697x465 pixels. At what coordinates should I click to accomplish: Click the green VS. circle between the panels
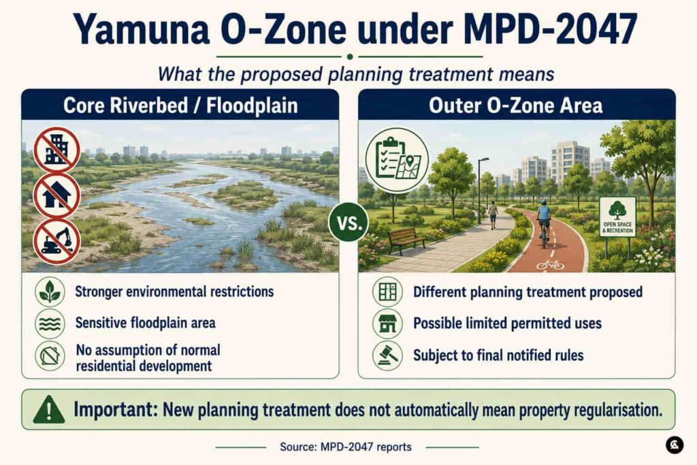348,222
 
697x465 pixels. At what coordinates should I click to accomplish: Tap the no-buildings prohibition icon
56,150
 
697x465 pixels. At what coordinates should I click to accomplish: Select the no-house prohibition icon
56,195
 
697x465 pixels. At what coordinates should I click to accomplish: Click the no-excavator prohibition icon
56,242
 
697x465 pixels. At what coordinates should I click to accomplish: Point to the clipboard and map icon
397,160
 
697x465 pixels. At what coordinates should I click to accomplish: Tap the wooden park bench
406,240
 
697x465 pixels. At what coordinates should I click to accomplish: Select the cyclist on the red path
544,223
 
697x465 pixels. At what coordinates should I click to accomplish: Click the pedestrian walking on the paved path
493,214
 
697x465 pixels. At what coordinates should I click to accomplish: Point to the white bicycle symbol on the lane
550,265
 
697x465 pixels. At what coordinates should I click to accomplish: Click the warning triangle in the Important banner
49,409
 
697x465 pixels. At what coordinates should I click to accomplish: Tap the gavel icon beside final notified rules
387,355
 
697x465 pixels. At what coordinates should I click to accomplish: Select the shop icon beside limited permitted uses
387,323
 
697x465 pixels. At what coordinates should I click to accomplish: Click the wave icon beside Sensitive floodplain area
50,323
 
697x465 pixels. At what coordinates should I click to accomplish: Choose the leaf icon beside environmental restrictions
50,292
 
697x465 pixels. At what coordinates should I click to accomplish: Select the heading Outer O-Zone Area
516,106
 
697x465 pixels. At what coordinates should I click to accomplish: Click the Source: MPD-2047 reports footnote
346,447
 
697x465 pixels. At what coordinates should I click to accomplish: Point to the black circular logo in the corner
675,445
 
